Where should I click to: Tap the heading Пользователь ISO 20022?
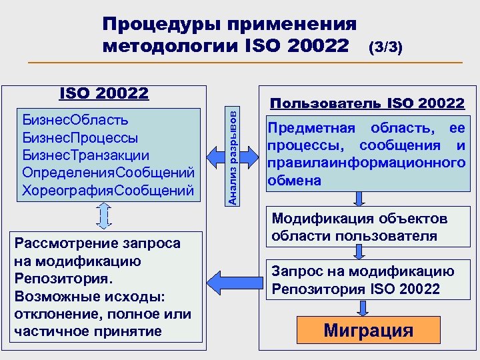(366, 103)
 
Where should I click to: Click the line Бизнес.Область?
(76, 120)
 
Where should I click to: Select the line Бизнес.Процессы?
(81, 138)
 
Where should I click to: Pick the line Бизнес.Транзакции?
(85, 155)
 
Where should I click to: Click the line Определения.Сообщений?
(108, 173)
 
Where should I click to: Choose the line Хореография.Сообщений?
(108, 191)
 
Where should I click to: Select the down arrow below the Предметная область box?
(360, 199)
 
